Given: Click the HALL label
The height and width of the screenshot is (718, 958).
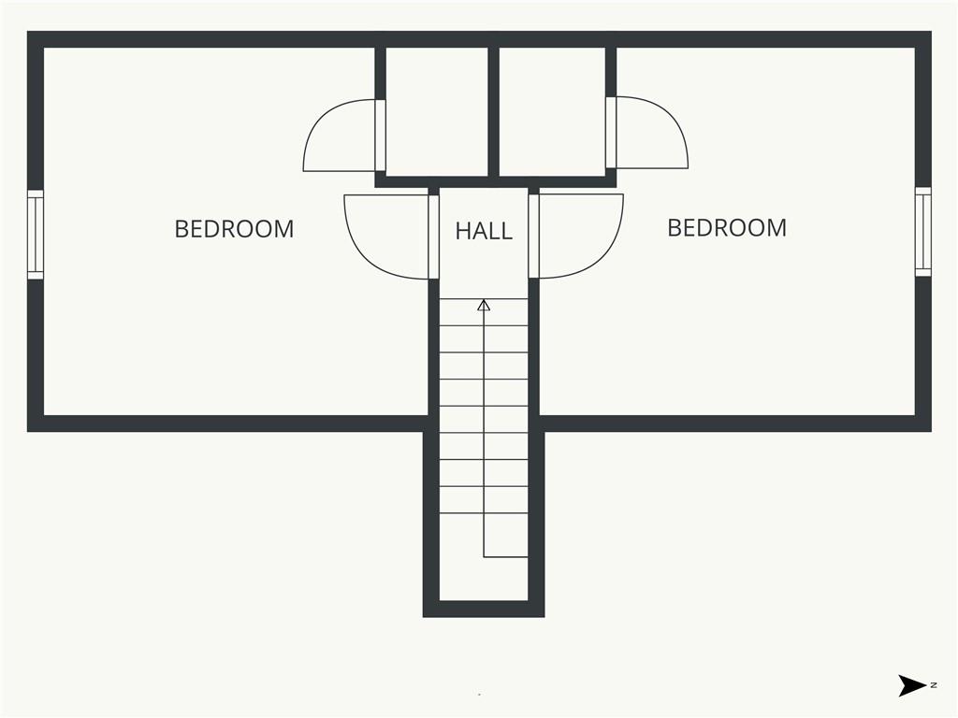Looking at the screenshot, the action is point(484,231).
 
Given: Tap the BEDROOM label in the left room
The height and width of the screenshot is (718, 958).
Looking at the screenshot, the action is point(234,229).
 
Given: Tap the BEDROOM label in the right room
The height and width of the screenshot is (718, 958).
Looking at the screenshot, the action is point(726,228).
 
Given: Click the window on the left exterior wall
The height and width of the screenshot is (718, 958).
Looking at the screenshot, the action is point(36,235).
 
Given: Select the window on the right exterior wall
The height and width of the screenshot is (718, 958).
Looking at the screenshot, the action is point(922,232).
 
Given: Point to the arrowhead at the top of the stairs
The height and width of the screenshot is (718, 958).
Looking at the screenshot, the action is point(484,305).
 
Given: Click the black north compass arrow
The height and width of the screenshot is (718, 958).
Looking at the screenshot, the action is point(912,685).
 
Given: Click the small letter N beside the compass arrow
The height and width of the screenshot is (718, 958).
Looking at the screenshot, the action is point(934,685).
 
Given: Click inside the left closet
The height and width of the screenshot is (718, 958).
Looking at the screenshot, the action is point(437,112).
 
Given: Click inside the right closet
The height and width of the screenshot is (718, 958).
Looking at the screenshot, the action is point(552,112).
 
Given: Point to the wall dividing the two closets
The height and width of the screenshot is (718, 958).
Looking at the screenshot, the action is point(494,112).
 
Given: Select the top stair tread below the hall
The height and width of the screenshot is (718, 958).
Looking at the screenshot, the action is point(484,312).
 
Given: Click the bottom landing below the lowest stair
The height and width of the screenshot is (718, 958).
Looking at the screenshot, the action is point(484,579).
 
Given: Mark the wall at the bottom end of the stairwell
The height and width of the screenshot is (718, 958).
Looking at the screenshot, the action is point(484,609).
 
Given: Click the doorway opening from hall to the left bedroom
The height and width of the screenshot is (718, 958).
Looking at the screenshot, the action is point(434,237).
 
